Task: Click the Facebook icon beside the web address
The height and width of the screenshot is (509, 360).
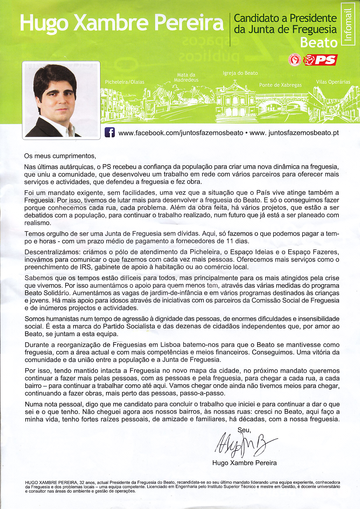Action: (x=110, y=133)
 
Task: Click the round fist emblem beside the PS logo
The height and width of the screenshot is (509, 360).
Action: (x=295, y=60)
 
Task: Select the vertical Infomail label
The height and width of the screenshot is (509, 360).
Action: (x=349, y=24)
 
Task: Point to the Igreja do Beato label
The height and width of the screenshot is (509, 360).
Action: (x=240, y=73)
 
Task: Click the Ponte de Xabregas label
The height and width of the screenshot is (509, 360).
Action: (x=280, y=85)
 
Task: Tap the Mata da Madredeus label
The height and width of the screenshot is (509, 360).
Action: (x=186, y=77)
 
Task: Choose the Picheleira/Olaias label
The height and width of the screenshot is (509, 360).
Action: (x=124, y=82)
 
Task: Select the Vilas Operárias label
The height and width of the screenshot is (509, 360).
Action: (x=333, y=82)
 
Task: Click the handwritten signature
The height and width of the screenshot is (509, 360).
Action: (x=244, y=443)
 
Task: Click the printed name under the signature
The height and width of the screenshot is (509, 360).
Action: (x=244, y=463)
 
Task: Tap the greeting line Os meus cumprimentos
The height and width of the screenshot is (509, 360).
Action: (x=60, y=156)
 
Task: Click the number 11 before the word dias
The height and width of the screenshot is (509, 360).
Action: (x=230, y=241)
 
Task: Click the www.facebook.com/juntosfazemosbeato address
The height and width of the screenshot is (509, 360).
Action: (x=181, y=133)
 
